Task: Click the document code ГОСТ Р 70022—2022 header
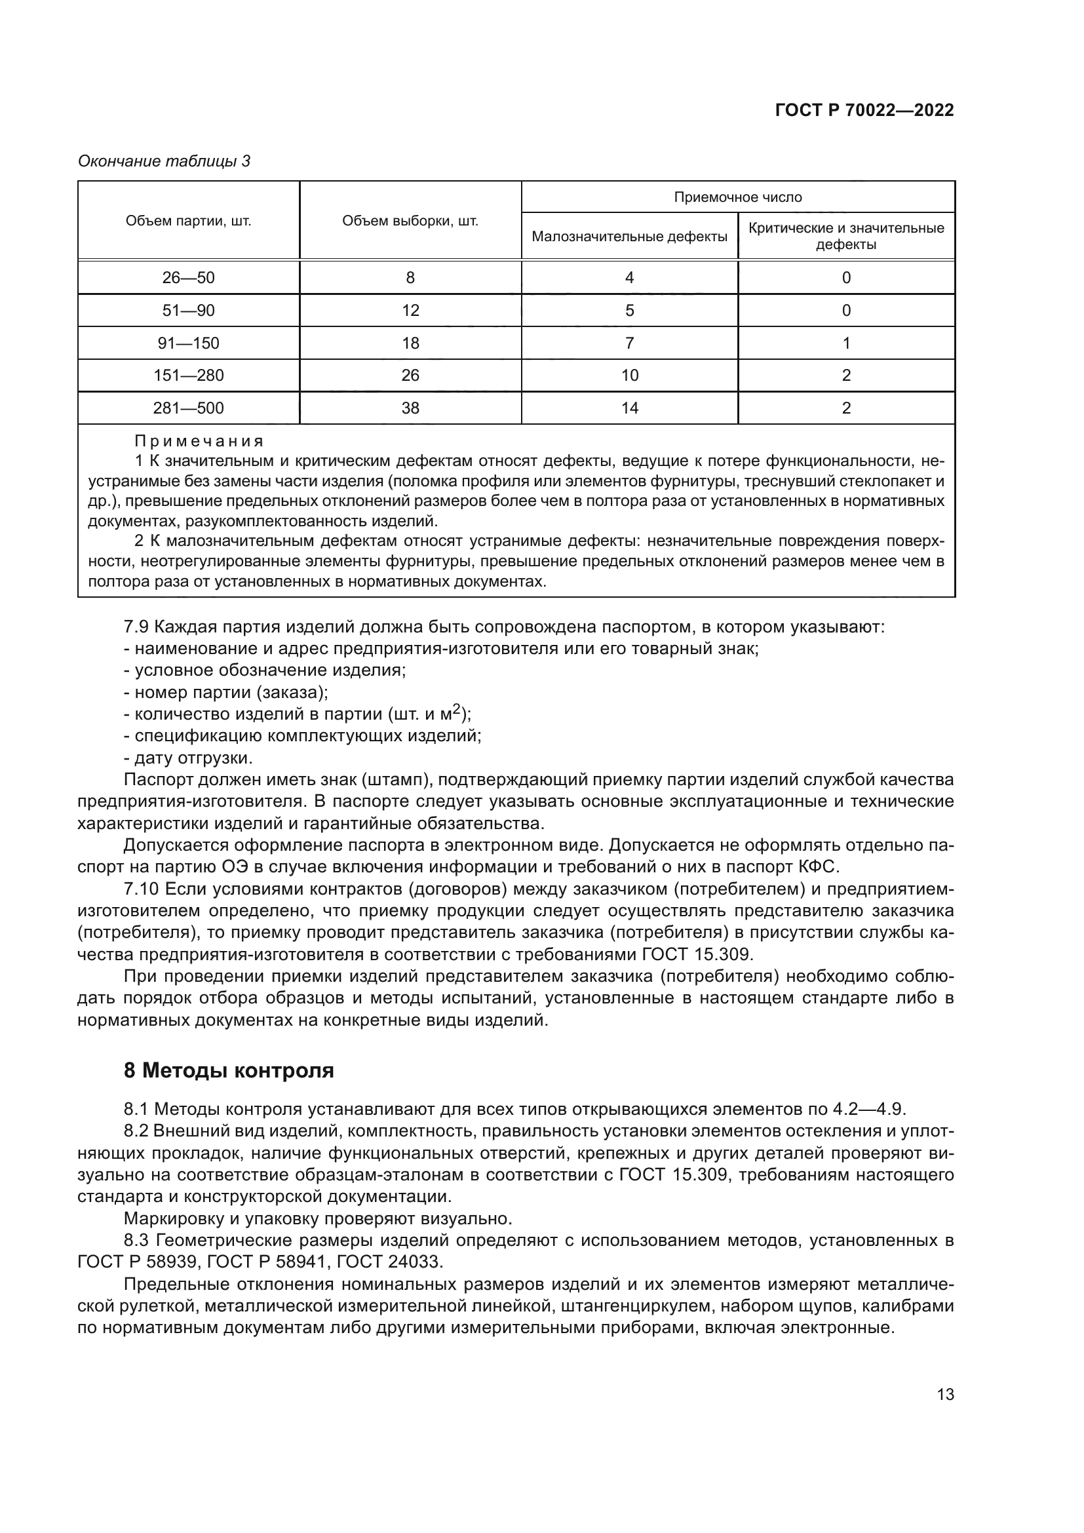[x=864, y=111]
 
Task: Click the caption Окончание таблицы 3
[x=165, y=161]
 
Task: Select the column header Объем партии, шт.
[x=188, y=221]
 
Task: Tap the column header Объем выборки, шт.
[x=410, y=221]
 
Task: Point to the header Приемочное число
[x=737, y=197]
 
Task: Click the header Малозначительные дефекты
[x=629, y=237]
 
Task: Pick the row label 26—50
[x=188, y=278]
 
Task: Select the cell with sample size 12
[x=410, y=311]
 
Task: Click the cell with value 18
[x=410, y=343]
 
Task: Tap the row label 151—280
[x=188, y=376]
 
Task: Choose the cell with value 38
[x=410, y=408]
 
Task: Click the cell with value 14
[x=629, y=408]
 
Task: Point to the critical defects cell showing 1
[x=845, y=343]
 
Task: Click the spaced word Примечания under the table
[x=199, y=441]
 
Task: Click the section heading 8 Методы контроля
[x=228, y=1070]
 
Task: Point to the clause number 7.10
[x=142, y=889]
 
